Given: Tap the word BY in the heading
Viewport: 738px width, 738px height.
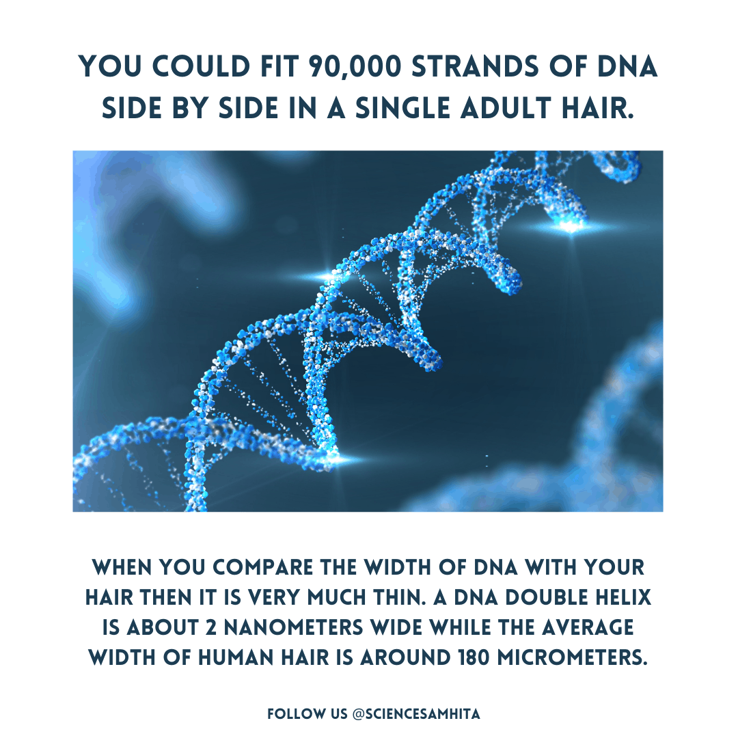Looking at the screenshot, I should coord(188,108).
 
